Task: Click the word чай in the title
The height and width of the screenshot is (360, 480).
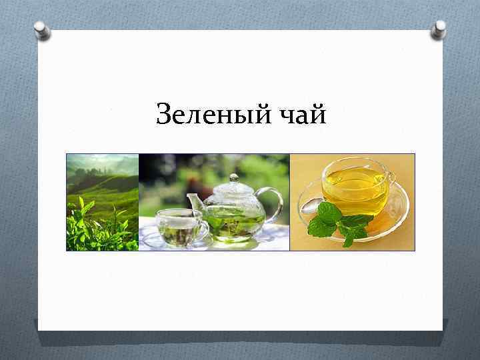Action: tap(301, 115)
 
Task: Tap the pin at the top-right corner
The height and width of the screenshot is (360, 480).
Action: tap(439, 29)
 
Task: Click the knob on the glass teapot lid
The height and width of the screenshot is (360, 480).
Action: tap(233, 178)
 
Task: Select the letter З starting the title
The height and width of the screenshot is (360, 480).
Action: tap(164, 115)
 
